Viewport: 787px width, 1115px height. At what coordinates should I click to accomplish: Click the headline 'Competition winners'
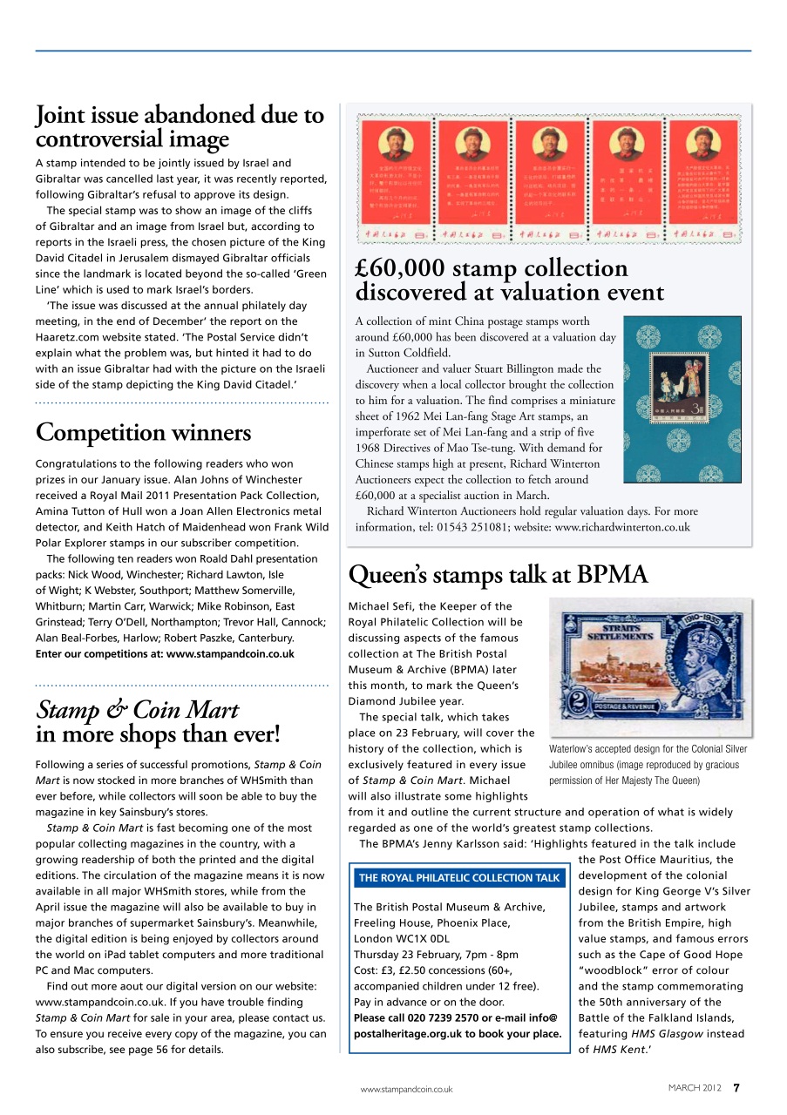pyautogui.click(x=143, y=433)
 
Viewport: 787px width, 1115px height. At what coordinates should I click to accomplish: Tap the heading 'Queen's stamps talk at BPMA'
pyautogui.click(x=498, y=575)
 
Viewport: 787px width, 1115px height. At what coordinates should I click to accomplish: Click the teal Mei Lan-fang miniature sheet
pyautogui.click(x=682, y=399)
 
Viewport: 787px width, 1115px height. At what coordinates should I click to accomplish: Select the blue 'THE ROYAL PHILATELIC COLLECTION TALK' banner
pyautogui.click(x=458, y=878)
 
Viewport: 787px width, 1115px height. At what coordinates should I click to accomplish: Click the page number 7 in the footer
pyautogui.click(x=736, y=1087)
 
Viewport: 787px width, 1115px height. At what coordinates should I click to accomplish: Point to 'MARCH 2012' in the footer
pyautogui.click(x=695, y=1088)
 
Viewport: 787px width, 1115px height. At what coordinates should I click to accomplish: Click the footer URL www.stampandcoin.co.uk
pyautogui.click(x=407, y=1089)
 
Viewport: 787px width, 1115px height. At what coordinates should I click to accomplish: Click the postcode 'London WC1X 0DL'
pyautogui.click(x=402, y=939)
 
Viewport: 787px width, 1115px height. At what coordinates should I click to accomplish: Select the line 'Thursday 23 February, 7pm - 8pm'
pyautogui.click(x=436, y=955)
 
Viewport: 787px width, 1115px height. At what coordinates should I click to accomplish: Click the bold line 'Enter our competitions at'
pyautogui.click(x=165, y=654)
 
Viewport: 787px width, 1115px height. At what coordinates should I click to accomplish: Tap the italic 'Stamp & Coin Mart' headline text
pyautogui.click(x=137, y=710)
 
